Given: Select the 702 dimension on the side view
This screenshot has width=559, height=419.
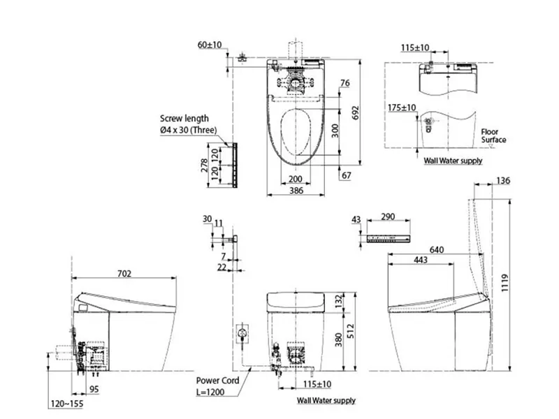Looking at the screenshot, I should coord(124,274).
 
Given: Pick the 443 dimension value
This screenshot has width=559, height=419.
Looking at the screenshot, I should coord(420,260).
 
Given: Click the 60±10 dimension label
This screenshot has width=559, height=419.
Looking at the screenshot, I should coord(210,45).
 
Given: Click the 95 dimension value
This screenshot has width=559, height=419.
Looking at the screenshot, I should coord(94,390).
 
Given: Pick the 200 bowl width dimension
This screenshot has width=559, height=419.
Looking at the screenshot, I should coord(296,179).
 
